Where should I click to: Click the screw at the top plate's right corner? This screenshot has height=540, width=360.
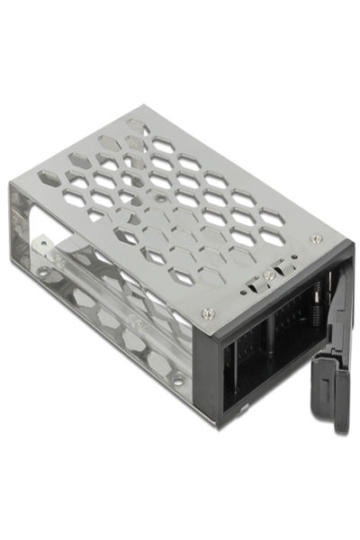(315, 238)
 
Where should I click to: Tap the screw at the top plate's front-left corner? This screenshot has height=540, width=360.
(209, 313)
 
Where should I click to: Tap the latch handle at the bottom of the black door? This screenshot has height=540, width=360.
(343, 396)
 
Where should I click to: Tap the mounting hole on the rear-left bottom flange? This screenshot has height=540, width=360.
(43, 271)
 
